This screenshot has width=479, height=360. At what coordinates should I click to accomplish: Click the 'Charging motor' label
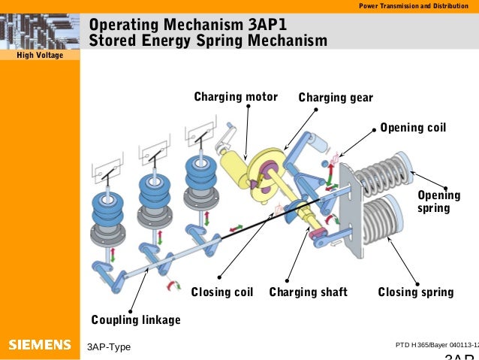[x=236, y=97]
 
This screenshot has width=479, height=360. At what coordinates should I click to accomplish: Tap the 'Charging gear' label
[x=336, y=98]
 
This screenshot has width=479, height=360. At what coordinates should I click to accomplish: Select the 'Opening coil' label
[x=413, y=128]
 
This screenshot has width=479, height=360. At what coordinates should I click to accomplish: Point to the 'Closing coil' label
[x=221, y=292]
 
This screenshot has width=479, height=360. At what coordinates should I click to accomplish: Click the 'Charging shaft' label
[x=308, y=292]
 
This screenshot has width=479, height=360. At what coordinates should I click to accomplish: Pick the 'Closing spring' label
[x=415, y=292]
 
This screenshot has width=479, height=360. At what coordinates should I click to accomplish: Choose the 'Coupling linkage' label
[x=136, y=320]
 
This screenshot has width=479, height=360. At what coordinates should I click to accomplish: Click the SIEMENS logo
[x=39, y=345]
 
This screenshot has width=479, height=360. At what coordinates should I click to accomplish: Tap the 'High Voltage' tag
[x=39, y=56]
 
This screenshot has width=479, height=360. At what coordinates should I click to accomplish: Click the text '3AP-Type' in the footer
[x=109, y=346]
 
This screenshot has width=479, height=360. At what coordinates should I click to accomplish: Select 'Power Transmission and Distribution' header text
[x=416, y=6]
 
